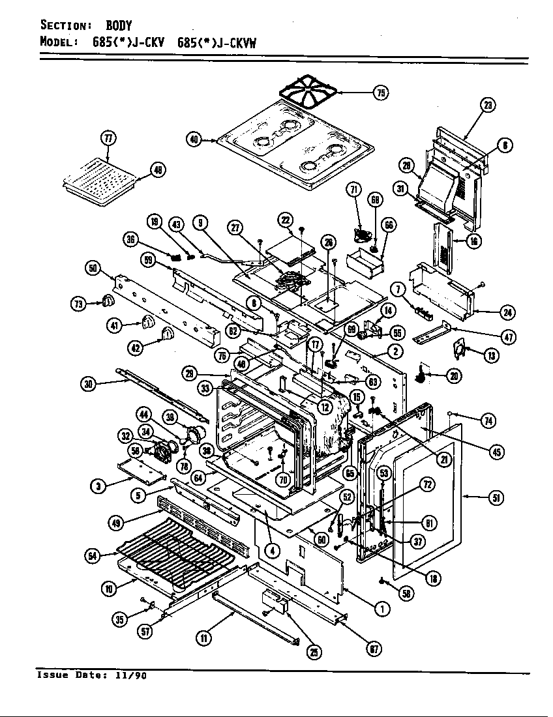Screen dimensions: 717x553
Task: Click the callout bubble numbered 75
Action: pyautogui.click(x=380, y=93)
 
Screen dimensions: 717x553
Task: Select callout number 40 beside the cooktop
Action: pyautogui.click(x=194, y=139)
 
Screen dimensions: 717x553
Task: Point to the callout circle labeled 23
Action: pyautogui.click(x=487, y=105)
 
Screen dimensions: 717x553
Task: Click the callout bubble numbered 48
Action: pyautogui.click(x=157, y=171)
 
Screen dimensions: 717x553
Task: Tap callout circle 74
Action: pyautogui.click(x=486, y=421)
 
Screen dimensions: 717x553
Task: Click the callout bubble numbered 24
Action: pyautogui.click(x=507, y=312)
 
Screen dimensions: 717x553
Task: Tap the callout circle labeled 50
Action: pyautogui.click(x=93, y=268)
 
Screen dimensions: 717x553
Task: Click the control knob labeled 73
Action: pyautogui.click(x=108, y=301)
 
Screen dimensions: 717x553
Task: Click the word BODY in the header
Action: pyautogui.click(x=119, y=26)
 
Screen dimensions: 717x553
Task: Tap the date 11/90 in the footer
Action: pyautogui.click(x=132, y=675)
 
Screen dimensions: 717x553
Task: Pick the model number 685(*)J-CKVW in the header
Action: pyautogui.click(x=217, y=43)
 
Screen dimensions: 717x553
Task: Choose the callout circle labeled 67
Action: pyautogui.click(x=374, y=649)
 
